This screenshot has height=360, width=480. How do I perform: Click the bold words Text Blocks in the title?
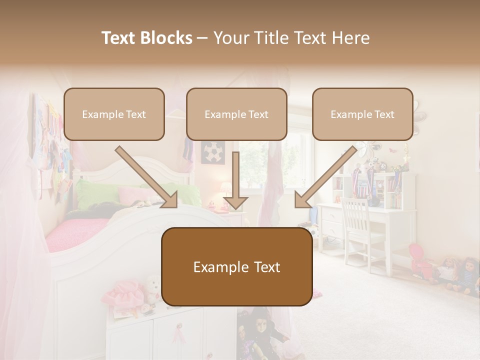(x=146, y=38)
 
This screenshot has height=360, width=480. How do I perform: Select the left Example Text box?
(x=114, y=114)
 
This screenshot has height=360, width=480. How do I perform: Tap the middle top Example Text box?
(x=236, y=114)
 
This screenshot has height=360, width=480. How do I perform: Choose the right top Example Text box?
(x=362, y=114)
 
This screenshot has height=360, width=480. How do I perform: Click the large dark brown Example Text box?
(x=237, y=267)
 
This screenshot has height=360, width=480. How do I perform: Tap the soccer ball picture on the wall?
(x=213, y=152)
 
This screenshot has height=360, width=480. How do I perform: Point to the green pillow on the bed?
(x=95, y=192)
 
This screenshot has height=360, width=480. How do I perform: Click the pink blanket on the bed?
(x=75, y=232)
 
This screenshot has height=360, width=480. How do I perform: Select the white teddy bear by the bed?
(x=152, y=287)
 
